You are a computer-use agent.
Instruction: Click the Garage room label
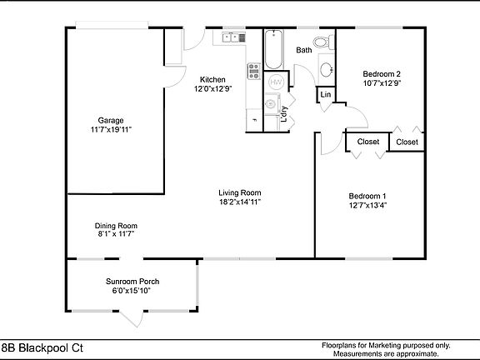click(110, 119)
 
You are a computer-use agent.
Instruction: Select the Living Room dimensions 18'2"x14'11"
click(240, 201)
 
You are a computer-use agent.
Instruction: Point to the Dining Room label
click(116, 226)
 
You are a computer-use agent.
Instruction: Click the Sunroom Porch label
click(132, 281)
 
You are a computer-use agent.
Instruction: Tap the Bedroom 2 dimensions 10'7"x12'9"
click(382, 83)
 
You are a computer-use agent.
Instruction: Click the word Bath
click(304, 50)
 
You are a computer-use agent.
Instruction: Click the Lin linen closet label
click(324, 96)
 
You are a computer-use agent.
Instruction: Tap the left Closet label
click(368, 142)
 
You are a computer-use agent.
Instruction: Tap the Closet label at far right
click(407, 142)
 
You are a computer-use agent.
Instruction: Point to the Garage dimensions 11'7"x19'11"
click(111, 129)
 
